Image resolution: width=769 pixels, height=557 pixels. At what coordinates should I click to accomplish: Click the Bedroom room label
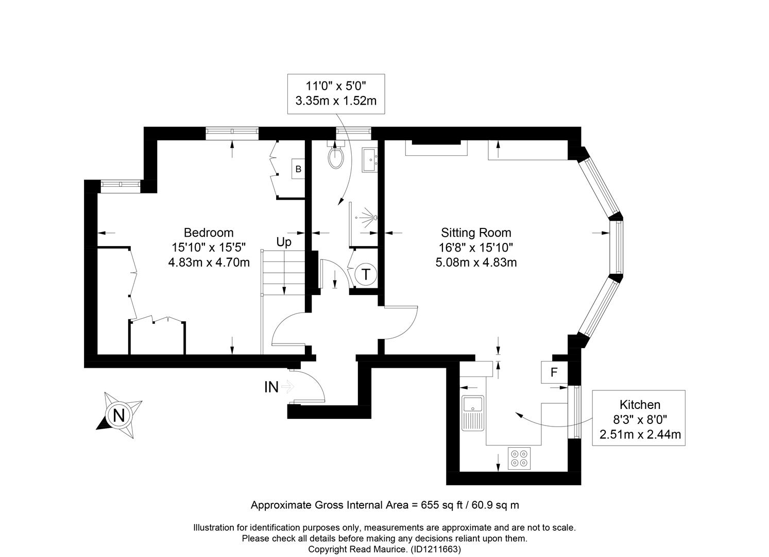coord(209,233)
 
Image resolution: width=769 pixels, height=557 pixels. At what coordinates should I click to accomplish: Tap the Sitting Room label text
coord(476,233)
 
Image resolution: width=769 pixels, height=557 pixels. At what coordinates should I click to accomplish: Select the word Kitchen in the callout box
coord(640,405)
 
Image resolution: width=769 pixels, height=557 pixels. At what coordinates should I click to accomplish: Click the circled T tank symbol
coord(366,274)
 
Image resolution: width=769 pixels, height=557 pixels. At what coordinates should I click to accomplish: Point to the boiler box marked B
coord(298,169)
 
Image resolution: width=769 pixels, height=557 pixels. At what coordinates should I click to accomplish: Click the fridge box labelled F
coord(554,372)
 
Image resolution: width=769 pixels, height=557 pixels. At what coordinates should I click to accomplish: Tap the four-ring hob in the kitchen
coord(519,458)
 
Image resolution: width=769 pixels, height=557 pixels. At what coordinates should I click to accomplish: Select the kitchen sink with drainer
coord(473,413)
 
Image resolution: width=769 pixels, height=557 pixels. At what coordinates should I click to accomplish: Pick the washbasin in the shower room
coord(370,160)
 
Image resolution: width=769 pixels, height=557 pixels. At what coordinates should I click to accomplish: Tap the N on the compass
coord(119,416)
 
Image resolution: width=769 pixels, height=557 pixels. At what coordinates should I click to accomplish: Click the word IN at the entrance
coord(271,387)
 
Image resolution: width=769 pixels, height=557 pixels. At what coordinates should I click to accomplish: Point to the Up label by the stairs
coord(284,242)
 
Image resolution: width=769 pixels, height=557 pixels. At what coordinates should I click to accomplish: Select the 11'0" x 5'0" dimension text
coord(336,86)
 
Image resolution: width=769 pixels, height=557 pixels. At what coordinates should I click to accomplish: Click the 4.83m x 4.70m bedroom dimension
coord(209,263)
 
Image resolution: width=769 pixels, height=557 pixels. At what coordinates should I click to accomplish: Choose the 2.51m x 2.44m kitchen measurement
coord(640,434)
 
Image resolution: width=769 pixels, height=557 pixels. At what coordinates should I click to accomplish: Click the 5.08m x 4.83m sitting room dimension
coord(476,263)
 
